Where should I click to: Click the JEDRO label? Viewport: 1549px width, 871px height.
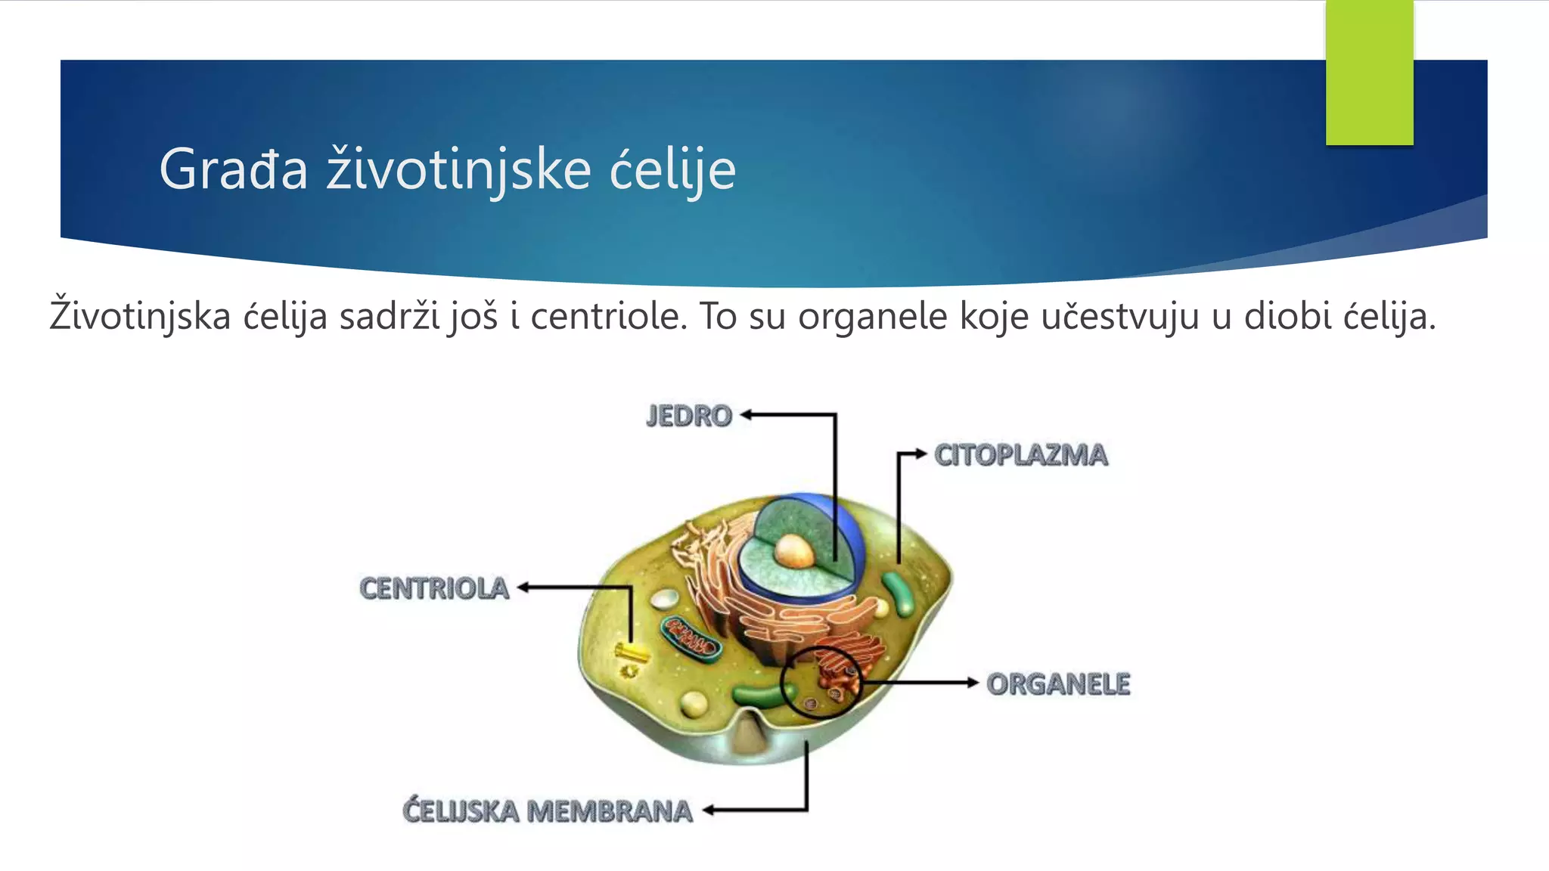click(689, 416)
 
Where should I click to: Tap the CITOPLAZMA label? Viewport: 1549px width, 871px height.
click(1020, 455)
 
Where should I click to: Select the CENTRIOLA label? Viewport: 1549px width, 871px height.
click(434, 588)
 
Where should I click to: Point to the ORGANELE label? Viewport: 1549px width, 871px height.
click(1058, 683)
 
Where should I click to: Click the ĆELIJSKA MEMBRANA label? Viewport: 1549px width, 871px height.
click(547, 811)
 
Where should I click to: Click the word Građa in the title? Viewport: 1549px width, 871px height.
click(233, 169)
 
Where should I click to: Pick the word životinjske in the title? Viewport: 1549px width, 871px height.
click(458, 169)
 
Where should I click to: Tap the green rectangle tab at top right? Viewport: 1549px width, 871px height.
click(1369, 73)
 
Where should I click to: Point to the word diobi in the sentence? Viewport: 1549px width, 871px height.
click(1287, 316)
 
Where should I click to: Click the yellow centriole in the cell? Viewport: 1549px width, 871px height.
click(631, 651)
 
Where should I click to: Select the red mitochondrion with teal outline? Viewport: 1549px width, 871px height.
click(691, 639)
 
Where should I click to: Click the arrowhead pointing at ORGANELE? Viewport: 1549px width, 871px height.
click(973, 683)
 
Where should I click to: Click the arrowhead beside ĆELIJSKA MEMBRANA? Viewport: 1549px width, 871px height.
click(709, 811)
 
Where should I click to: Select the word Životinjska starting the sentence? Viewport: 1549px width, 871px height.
click(140, 316)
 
